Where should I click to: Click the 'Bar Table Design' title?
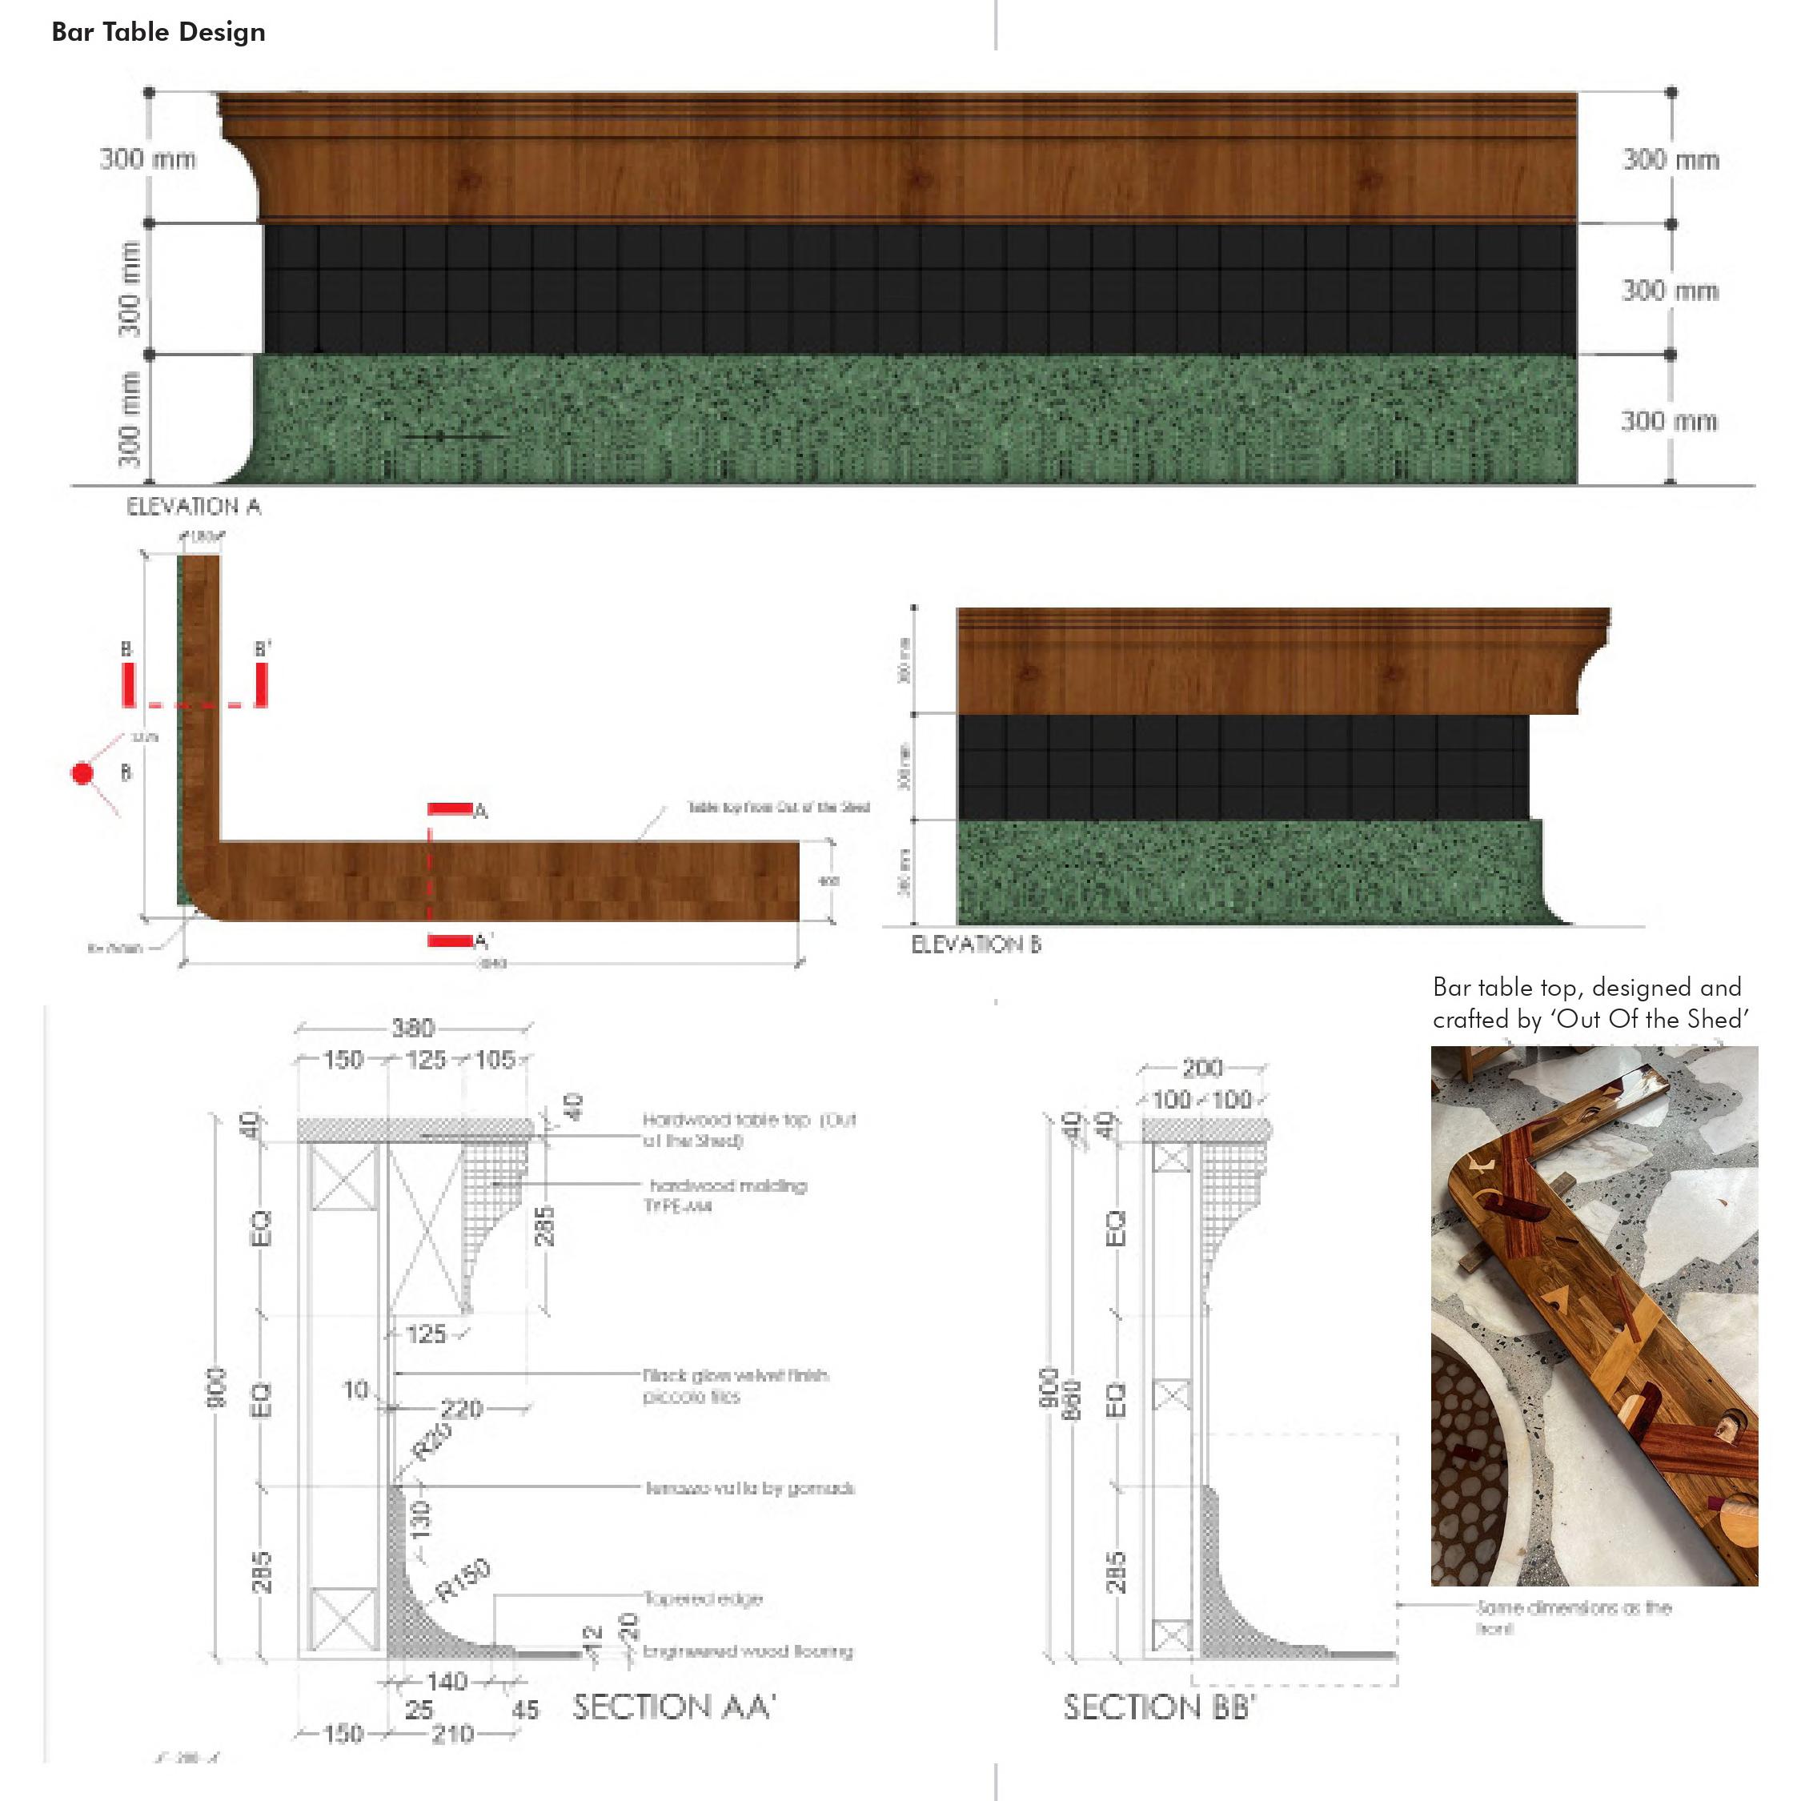click(x=158, y=33)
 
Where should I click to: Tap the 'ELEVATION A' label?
click(x=194, y=507)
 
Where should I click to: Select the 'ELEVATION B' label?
click(x=976, y=945)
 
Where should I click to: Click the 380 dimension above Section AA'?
click(x=412, y=1029)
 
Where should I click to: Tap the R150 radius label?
click(x=463, y=1581)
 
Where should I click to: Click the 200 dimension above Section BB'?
click(x=1202, y=1068)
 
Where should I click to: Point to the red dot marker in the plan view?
click(x=83, y=773)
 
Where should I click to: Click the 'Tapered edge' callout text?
click(x=703, y=1598)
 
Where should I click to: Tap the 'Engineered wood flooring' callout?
click(x=748, y=1651)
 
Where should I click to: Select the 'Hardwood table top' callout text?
click(x=748, y=1129)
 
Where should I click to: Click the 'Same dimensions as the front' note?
click(x=1574, y=1617)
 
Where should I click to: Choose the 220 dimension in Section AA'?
click(x=462, y=1408)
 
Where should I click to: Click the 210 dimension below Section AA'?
click(x=452, y=1734)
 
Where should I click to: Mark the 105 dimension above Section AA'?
click(x=494, y=1061)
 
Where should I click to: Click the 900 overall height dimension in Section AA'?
click(x=216, y=1387)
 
